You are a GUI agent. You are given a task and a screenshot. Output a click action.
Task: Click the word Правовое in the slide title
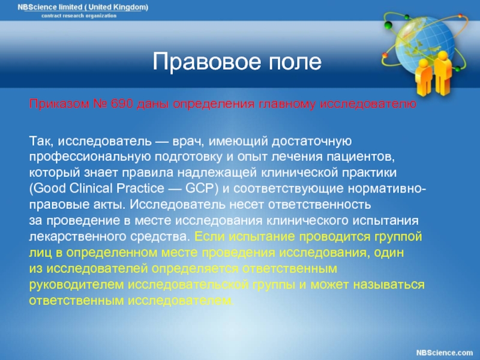coord(206,62)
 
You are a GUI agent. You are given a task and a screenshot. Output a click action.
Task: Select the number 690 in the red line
coord(122,104)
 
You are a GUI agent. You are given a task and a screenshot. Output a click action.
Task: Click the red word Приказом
coord(59,104)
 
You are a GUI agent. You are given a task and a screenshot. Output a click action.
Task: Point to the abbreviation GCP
coord(202,188)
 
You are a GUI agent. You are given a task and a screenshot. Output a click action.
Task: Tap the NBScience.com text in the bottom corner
coord(445,353)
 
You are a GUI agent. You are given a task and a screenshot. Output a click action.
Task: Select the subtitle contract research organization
coord(79,16)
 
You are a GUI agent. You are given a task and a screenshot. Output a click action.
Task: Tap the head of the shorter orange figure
coord(424,64)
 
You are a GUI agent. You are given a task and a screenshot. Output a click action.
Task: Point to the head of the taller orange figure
coord(442,56)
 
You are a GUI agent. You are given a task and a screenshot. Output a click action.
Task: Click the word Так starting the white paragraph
coord(41,141)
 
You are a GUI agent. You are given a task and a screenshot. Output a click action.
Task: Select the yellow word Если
coord(210,236)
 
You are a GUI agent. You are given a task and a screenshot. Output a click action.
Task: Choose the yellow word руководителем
coord(76,284)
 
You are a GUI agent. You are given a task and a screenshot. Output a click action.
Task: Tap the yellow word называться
coord(389,284)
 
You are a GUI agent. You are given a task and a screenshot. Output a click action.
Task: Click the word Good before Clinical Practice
coord(49,188)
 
